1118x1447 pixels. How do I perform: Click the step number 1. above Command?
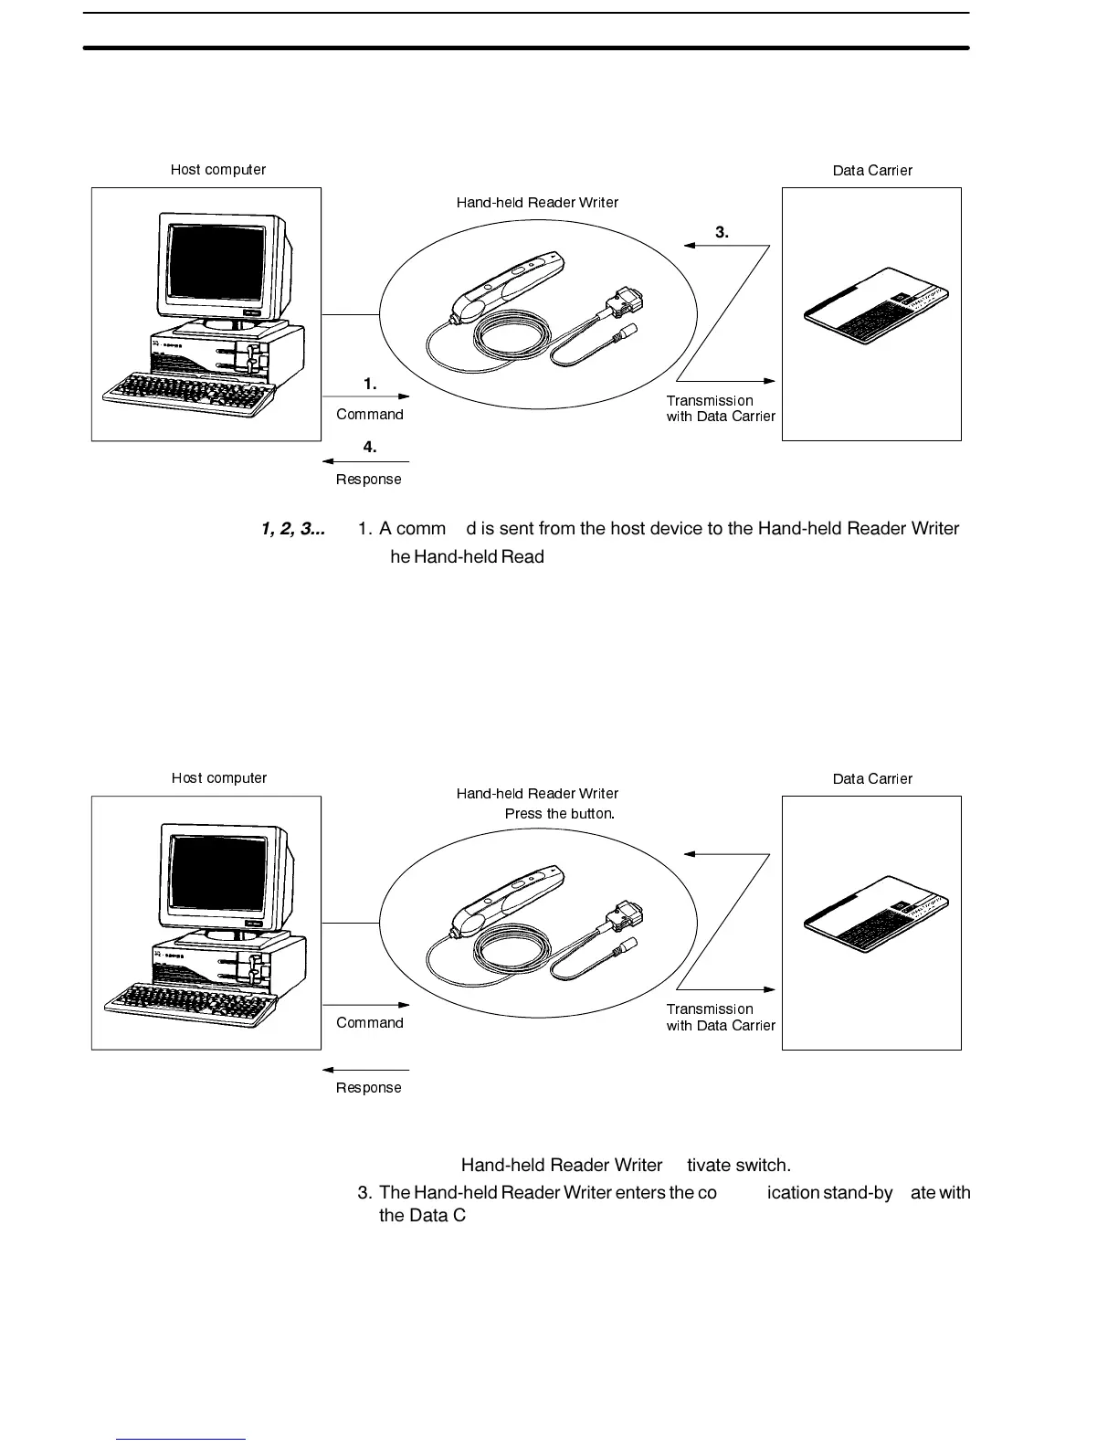click(370, 385)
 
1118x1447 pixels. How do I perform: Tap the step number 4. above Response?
click(370, 447)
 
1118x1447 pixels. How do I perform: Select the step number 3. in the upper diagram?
click(722, 232)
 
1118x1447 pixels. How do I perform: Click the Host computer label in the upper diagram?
click(218, 170)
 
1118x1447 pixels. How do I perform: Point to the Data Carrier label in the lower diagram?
click(872, 779)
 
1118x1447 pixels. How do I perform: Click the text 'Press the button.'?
click(560, 814)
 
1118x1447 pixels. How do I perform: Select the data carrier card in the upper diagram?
click(877, 308)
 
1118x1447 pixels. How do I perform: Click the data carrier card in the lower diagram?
click(877, 916)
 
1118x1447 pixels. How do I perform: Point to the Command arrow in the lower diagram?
click(366, 1005)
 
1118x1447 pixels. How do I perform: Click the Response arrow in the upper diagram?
click(366, 461)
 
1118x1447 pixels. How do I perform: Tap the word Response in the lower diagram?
click(369, 1088)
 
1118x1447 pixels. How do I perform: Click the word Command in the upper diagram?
click(370, 415)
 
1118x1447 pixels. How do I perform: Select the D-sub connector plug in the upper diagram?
click(624, 301)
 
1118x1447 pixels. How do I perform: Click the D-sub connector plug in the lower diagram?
click(624, 911)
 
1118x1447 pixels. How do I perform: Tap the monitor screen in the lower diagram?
click(219, 872)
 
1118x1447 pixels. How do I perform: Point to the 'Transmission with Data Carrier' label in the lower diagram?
click(721, 1018)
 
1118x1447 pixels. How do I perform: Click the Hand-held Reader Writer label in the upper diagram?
click(537, 203)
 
